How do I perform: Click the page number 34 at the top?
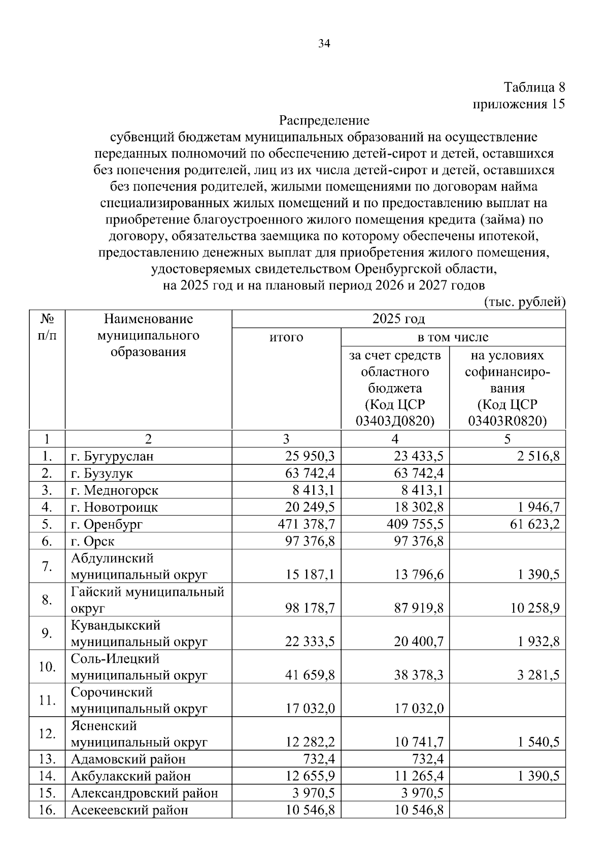coord(324,44)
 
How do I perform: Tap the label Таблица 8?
coord(534,87)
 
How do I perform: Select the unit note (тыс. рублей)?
coord(525,302)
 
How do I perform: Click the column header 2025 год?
coord(398,319)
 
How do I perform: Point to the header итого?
coord(286,337)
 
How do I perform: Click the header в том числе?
coord(453,337)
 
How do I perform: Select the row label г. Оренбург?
coord(107,524)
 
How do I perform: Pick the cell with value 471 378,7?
coord(306,524)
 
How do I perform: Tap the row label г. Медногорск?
coord(115,491)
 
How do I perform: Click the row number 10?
coord(47,666)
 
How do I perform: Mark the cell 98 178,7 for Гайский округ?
coord(310,608)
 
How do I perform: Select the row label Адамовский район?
coord(128,759)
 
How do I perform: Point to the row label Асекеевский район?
coord(129,810)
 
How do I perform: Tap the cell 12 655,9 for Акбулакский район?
coord(310,776)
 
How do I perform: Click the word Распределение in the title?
coord(324,121)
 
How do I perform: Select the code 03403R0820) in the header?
coord(507,421)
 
